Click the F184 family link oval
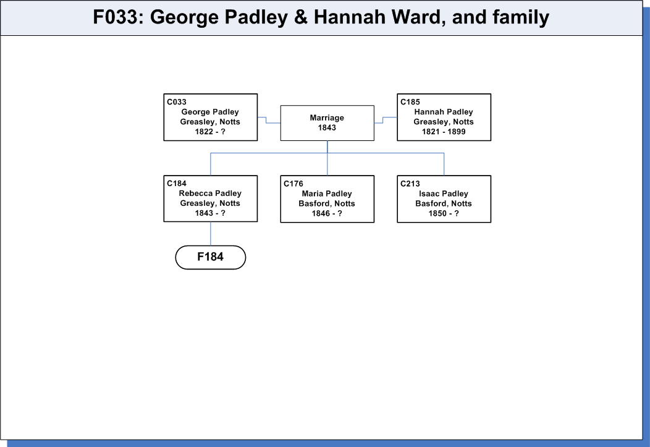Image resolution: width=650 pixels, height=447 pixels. point(211,257)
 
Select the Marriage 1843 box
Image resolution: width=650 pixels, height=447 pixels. point(327,123)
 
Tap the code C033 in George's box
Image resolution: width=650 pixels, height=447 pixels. point(177,102)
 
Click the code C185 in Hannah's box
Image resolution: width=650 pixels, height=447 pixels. point(410,102)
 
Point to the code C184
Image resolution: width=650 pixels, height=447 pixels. point(177,183)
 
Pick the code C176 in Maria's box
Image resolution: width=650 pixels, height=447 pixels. point(293,184)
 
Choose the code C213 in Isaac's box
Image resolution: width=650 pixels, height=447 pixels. point(410,184)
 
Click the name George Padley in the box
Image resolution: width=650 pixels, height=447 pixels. point(210,112)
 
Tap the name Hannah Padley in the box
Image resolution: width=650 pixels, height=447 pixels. point(444,112)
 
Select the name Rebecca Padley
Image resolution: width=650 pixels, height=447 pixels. point(210,194)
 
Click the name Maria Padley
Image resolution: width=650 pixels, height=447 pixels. point(327,194)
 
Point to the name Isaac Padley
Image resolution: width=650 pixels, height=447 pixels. point(444,194)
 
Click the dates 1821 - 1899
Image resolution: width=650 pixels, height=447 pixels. point(444,132)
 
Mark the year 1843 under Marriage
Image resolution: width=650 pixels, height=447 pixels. point(327,128)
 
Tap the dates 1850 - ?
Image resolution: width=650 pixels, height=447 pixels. point(444,213)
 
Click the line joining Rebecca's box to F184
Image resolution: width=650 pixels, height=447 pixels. point(211,234)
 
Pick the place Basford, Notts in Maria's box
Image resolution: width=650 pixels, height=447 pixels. point(327,203)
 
